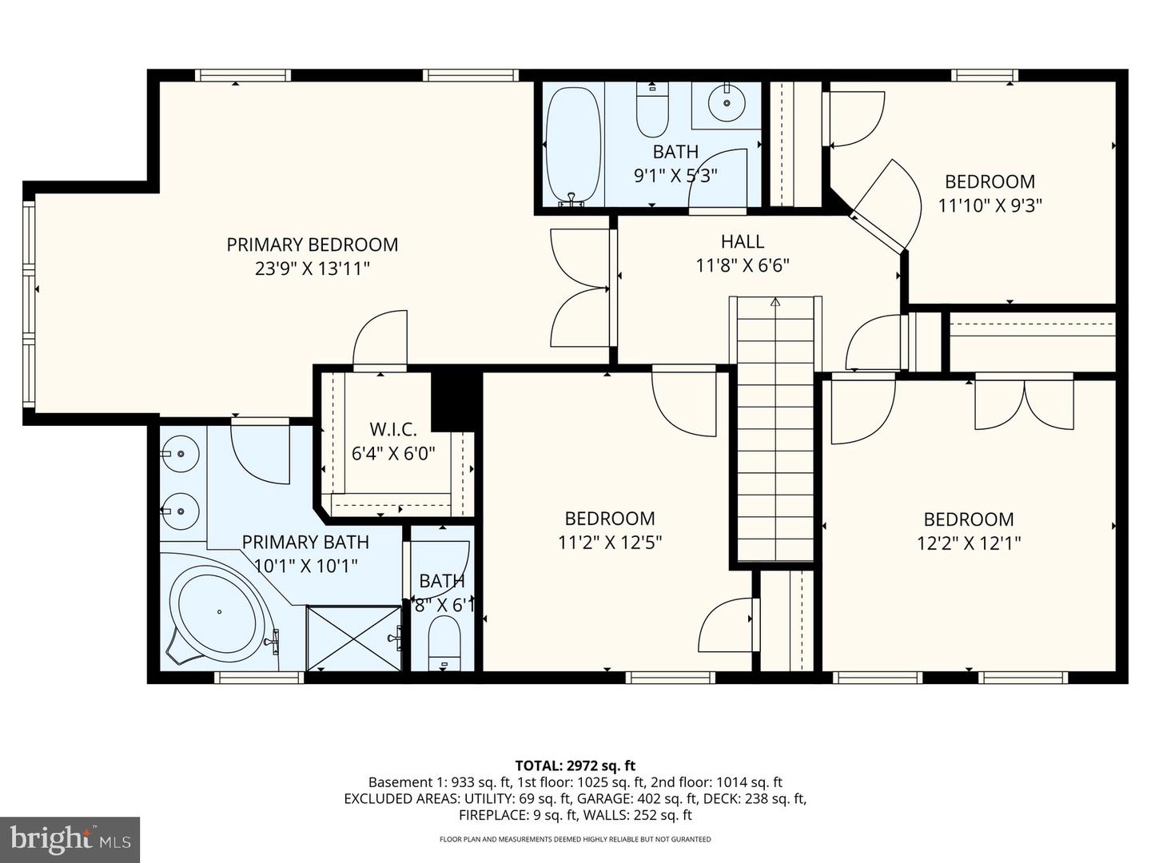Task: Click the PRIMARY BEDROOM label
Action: point(312,245)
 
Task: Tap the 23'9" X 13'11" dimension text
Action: point(312,268)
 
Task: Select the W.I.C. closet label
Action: point(392,430)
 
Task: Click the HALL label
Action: point(742,241)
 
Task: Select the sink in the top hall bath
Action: point(727,102)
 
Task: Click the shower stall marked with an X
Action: point(353,638)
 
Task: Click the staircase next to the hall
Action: point(775,431)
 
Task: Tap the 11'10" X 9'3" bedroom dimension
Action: point(990,205)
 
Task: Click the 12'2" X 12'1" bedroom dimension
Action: point(968,543)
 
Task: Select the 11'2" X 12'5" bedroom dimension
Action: point(610,543)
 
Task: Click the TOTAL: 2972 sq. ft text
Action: point(575,766)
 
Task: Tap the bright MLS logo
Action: point(70,839)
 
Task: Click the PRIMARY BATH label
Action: point(305,542)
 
